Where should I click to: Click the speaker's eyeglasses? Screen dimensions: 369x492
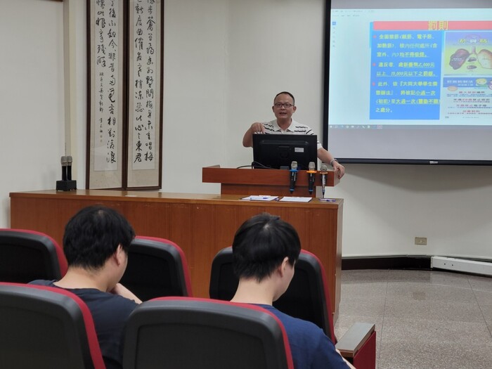click(x=283, y=105)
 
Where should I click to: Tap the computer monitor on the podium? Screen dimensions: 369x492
click(x=285, y=151)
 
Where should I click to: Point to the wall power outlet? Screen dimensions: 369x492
click(x=420, y=241)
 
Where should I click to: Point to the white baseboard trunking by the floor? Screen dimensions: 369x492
click(x=461, y=265)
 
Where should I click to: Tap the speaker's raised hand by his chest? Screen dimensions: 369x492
click(x=258, y=127)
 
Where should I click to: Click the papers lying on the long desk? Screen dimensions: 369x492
click(x=278, y=199)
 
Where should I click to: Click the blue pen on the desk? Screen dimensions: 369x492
click(x=328, y=200)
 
